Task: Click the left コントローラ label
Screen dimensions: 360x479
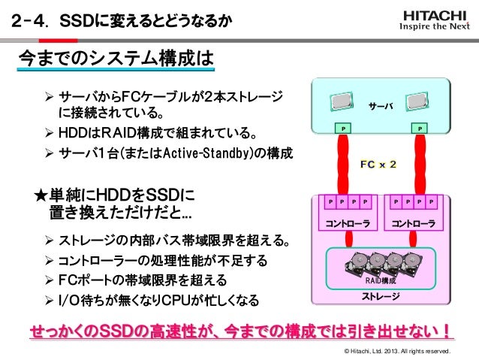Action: (346, 222)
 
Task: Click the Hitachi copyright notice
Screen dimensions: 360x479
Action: (396, 351)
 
